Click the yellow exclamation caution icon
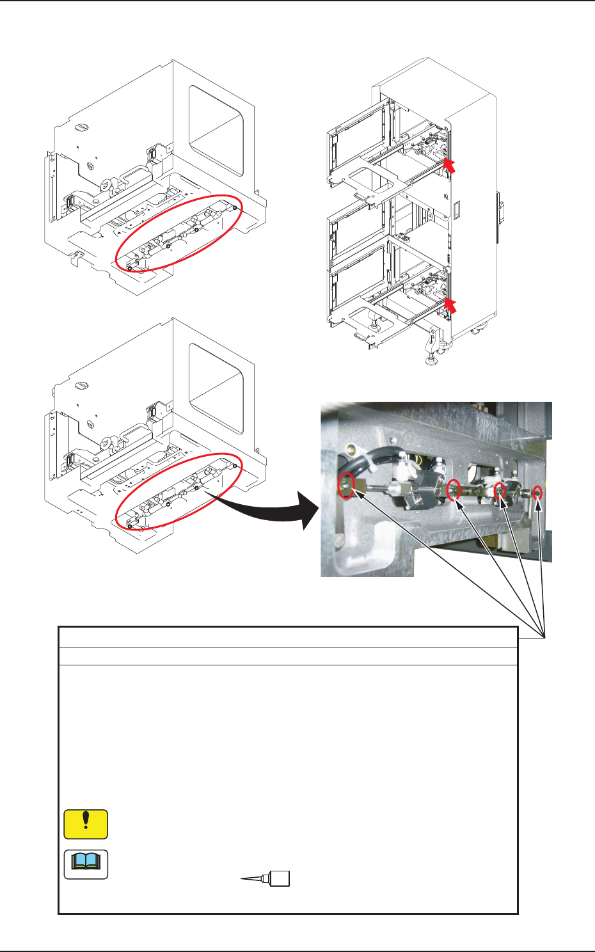86,824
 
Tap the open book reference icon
86,864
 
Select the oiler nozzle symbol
266,878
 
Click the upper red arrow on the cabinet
450,166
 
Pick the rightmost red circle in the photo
537,492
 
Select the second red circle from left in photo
454,489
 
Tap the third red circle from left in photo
499,490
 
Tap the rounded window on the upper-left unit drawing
216,131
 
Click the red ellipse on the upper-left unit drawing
178,233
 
